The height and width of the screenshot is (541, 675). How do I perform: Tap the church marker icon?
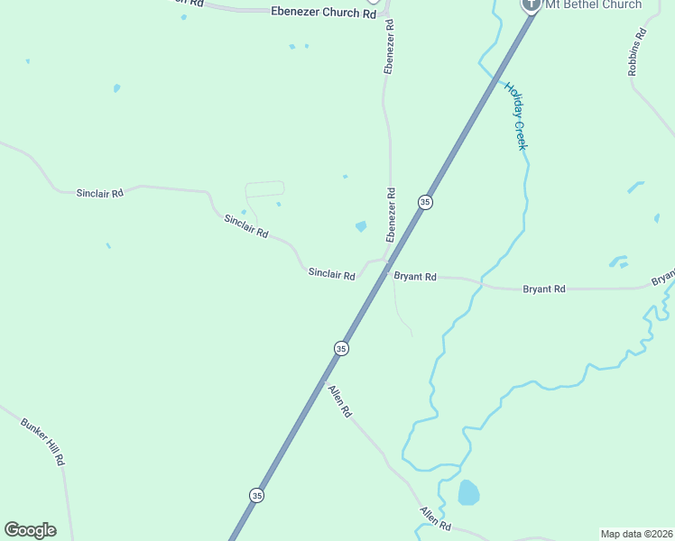[531, 4]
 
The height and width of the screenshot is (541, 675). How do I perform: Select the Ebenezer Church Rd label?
[323, 14]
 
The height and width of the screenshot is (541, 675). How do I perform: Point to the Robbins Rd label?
[638, 51]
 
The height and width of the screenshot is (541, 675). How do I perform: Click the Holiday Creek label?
[514, 116]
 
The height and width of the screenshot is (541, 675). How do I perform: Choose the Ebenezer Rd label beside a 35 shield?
[391, 215]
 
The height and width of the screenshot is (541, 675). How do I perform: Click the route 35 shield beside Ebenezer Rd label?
[425, 202]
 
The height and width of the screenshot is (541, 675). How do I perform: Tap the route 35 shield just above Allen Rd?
[341, 348]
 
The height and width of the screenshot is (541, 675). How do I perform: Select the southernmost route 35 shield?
[257, 495]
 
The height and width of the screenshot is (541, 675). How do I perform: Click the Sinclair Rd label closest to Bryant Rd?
[331, 273]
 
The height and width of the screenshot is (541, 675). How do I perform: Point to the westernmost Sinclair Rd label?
[99, 193]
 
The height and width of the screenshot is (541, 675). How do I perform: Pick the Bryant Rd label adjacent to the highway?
[415, 277]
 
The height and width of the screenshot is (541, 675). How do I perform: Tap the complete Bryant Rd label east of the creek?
[544, 289]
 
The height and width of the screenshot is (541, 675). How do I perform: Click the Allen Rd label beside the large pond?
[435, 518]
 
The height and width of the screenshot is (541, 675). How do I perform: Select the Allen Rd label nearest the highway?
[339, 401]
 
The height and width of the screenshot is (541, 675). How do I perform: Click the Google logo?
[30, 530]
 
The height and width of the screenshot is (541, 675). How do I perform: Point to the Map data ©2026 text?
[636, 533]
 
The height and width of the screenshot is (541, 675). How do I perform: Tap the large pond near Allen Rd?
[468, 493]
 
